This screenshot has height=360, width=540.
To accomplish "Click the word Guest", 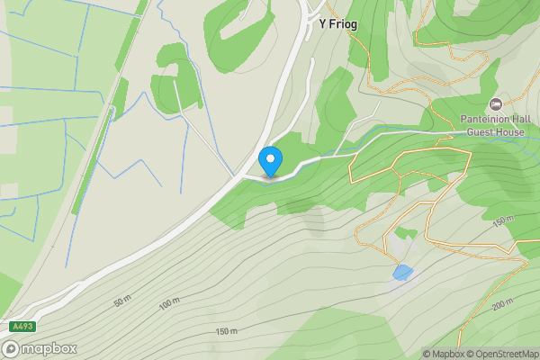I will click(482, 132).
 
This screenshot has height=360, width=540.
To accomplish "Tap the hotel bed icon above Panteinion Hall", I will click(496, 104).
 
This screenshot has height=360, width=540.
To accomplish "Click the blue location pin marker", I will click(270, 161).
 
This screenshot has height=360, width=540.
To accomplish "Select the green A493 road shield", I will click(23, 326).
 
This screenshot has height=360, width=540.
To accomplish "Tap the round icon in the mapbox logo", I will click(11, 348).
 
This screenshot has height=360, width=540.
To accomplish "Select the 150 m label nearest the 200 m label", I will click(501, 220).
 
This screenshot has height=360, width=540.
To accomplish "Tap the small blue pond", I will click(402, 271).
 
